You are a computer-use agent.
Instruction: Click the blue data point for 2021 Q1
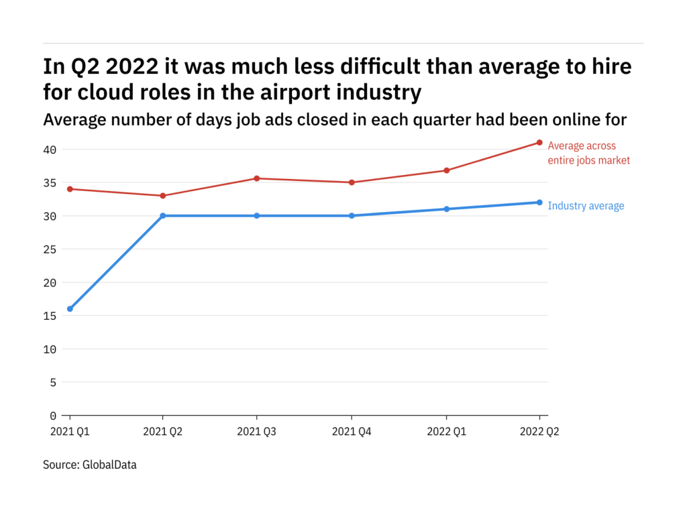click(70, 309)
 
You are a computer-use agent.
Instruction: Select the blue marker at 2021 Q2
click(163, 216)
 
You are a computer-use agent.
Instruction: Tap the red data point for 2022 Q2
click(539, 142)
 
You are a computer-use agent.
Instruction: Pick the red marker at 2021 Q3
click(257, 178)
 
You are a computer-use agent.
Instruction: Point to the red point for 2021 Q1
click(70, 189)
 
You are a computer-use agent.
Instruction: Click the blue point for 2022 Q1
click(446, 209)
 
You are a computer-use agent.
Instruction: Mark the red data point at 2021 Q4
click(352, 182)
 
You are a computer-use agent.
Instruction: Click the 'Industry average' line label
click(586, 206)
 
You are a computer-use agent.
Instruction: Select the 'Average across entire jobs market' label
click(588, 153)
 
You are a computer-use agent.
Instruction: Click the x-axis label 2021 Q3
click(257, 432)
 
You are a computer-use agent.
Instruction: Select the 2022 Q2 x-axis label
click(539, 432)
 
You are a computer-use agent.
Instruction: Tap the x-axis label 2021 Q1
click(70, 432)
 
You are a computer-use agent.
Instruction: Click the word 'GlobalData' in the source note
click(109, 464)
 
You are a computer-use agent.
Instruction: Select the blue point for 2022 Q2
click(539, 203)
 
